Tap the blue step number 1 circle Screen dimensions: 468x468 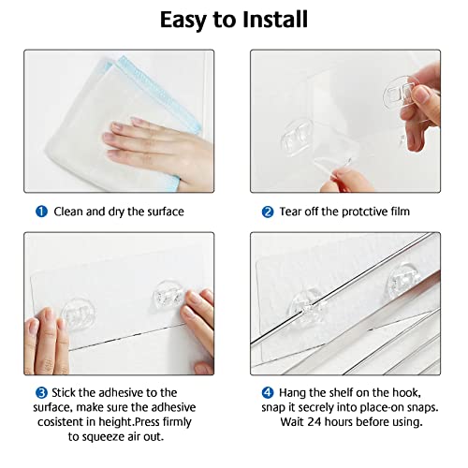pos(41,212)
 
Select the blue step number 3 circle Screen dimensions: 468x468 pos(41,392)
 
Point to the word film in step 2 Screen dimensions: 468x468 pos(397,212)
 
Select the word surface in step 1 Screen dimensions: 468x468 pos(162,212)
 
